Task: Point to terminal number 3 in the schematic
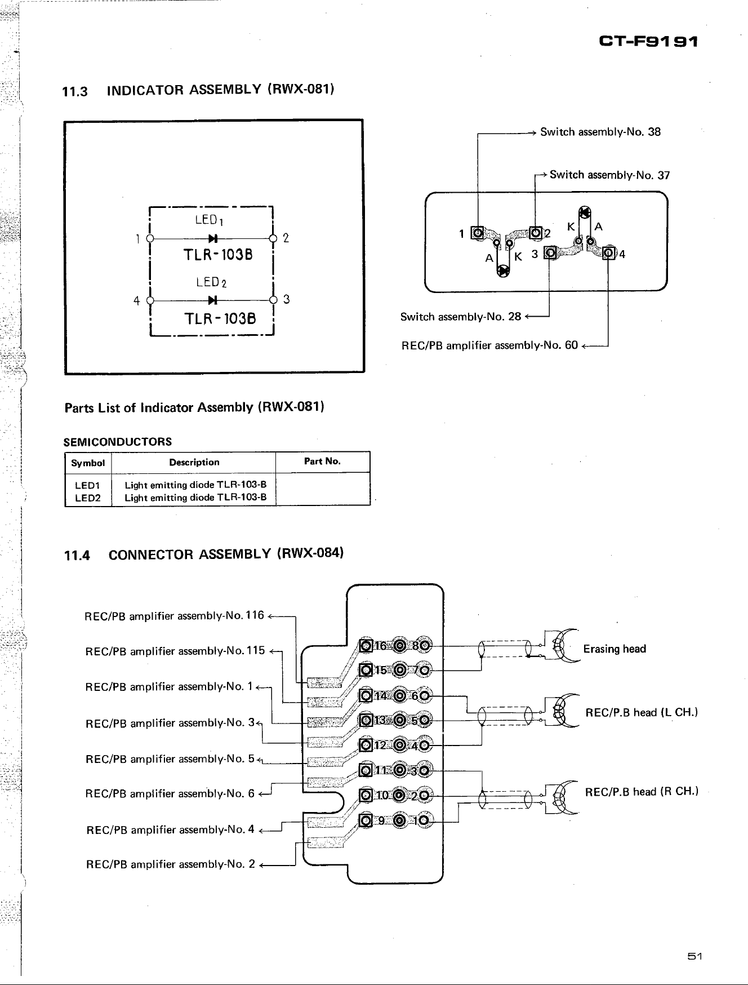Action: click(286, 299)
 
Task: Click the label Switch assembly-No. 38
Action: click(600, 132)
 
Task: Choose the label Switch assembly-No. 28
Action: click(461, 317)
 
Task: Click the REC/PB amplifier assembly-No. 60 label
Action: click(489, 345)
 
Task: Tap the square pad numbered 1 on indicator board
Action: click(478, 233)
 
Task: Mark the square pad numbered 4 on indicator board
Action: click(609, 253)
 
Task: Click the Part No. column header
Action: click(322, 462)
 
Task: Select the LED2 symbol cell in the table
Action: click(87, 498)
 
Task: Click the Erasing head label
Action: click(615, 649)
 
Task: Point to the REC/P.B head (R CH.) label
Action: click(642, 792)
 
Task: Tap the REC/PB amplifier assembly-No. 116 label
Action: click(174, 615)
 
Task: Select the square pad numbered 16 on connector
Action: click(367, 646)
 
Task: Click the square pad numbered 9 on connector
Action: click(367, 820)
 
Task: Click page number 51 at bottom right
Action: click(693, 956)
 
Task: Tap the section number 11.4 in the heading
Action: click(77, 556)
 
